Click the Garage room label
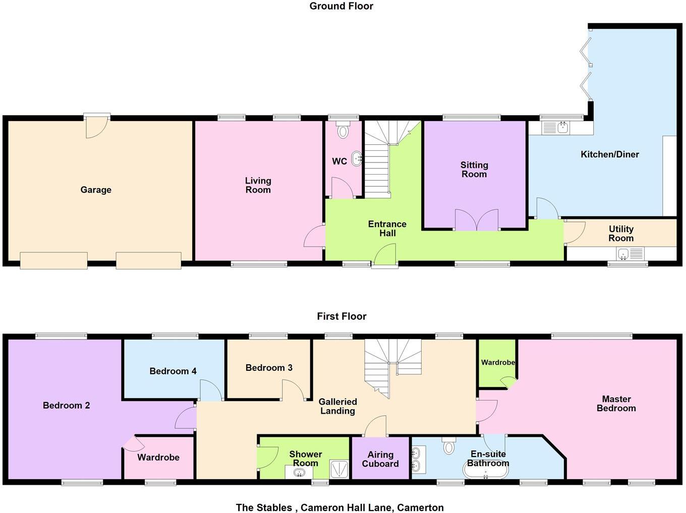pos(96,190)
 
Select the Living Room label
pos(258,185)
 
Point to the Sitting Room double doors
pos(477,220)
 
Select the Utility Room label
pos(621,234)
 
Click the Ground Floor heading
pos(341,6)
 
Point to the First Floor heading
pos(341,316)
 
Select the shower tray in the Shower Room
pos(339,469)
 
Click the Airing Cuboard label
pos(380,459)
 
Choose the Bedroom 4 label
pos(173,371)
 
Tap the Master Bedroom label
pos(616,404)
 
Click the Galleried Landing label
pos(337,406)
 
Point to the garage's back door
pos(97,126)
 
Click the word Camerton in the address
pos(420,507)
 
